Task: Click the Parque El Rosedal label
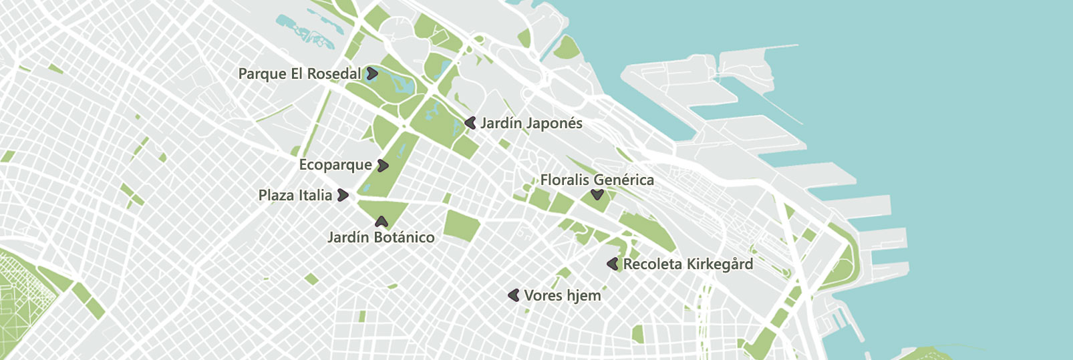point(299,73)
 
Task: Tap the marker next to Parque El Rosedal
point(372,73)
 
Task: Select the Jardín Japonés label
point(531,123)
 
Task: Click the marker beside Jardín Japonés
point(470,123)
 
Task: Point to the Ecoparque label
point(335,165)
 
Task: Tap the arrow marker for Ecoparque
point(383,165)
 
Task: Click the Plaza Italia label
point(295,195)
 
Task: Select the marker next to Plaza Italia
point(343,195)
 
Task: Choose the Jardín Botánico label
point(381,237)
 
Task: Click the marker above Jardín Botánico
point(381,221)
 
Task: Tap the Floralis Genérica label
point(597,180)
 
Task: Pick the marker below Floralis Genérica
point(597,195)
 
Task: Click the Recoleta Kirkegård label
point(688,264)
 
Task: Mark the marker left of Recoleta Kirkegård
point(613,264)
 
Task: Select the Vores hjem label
point(563,295)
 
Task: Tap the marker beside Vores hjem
point(514,295)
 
